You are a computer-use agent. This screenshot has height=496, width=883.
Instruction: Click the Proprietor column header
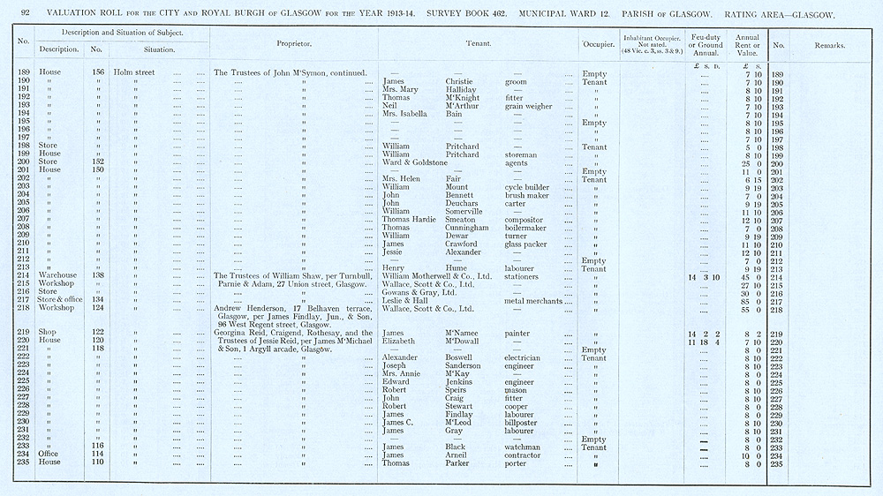pos(294,43)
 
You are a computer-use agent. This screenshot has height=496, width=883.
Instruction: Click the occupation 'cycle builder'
pos(527,187)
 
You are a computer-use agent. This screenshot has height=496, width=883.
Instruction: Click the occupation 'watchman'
pos(523,447)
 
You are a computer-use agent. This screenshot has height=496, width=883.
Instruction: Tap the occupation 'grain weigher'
pos(529,106)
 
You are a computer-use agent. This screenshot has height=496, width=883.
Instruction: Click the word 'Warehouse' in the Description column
pos(57,276)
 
